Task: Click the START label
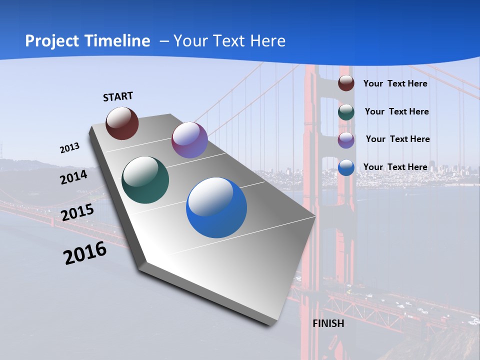pyautogui.click(x=118, y=96)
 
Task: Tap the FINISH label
pyautogui.click(x=328, y=323)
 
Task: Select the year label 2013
pyautogui.click(x=69, y=148)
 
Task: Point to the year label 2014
pyautogui.click(x=73, y=177)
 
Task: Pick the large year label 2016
pyautogui.click(x=85, y=253)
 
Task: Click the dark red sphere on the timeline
pyautogui.click(x=122, y=123)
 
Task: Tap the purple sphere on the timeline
pyautogui.click(x=189, y=140)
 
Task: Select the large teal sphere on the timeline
pyautogui.click(x=145, y=180)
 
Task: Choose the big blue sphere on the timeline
pyautogui.click(x=216, y=207)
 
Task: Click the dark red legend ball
pyautogui.click(x=346, y=83)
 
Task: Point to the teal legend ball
pyautogui.click(x=346, y=112)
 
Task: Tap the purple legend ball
pyautogui.click(x=346, y=140)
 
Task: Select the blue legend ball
pyautogui.click(x=346, y=167)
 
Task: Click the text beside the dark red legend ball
pyautogui.click(x=395, y=83)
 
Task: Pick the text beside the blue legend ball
pyautogui.click(x=395, y=167)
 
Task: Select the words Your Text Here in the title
pyautogui.click(x=229, y=41)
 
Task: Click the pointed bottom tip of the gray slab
pyautogui.click(x=272, y=323)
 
